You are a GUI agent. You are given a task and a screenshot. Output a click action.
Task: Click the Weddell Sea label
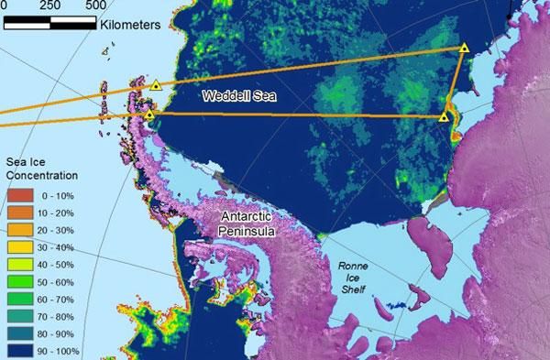(239, 95)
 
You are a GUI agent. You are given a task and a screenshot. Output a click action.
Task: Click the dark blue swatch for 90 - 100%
(18, 350)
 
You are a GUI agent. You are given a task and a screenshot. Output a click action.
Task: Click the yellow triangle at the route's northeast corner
(465, 48)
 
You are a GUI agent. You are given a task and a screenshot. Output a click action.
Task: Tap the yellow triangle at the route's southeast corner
(444, 116)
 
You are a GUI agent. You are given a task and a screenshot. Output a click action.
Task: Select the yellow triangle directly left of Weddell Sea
(156, 86)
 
